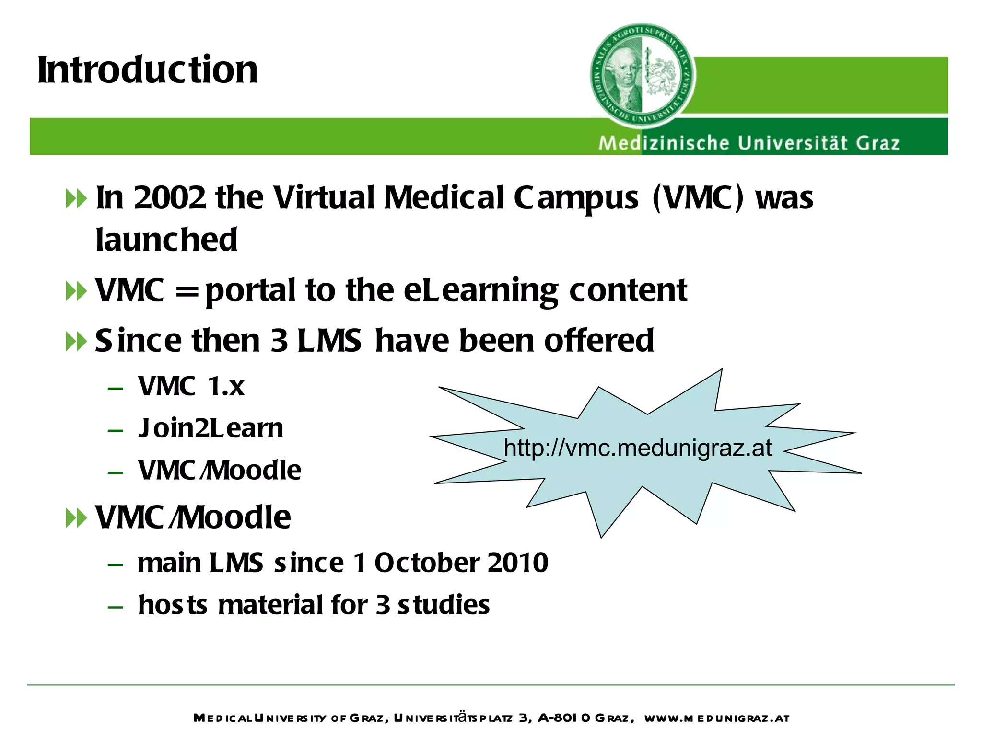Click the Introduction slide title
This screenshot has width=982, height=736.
pyautogui.click(x=148, y=70)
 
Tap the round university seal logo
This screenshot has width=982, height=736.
pyautogui.click(x=643, y=76)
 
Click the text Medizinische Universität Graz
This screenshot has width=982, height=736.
pyautogui.click(x=749, y=143)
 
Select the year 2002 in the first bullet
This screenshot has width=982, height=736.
pyautogui.click(x=170, y=197)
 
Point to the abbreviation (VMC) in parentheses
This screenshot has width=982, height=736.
pyautogui.click(x=698, y=197)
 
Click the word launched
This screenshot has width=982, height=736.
pyautogui.click(x=166, y=240)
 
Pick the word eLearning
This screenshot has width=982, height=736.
pyautogui.click(x=481, y=291)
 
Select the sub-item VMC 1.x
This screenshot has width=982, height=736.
pyautogui.click(x=191, y=386)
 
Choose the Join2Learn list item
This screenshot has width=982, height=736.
pyautogui.click(x=210, y=428)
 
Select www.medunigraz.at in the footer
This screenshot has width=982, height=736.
pyautogui.click(x=716, y=718)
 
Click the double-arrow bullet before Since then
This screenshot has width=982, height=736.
pyautogui.click(x=76, y=342)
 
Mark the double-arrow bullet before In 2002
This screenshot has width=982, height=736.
pyautogui.click(x=76, y=199)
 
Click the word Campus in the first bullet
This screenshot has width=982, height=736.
pyautogui.click(x=576, y=198)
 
